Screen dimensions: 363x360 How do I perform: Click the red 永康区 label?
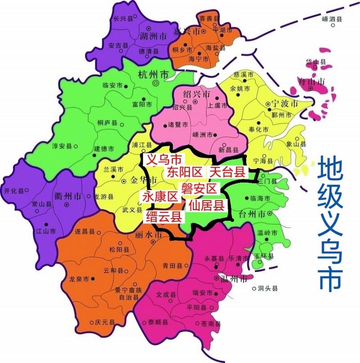tap(160, 196)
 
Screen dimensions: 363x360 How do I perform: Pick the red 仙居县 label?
tap(207, 206)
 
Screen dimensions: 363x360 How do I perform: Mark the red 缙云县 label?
tap(164, 217)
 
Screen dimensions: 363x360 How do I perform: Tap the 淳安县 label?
tap(63, 146)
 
